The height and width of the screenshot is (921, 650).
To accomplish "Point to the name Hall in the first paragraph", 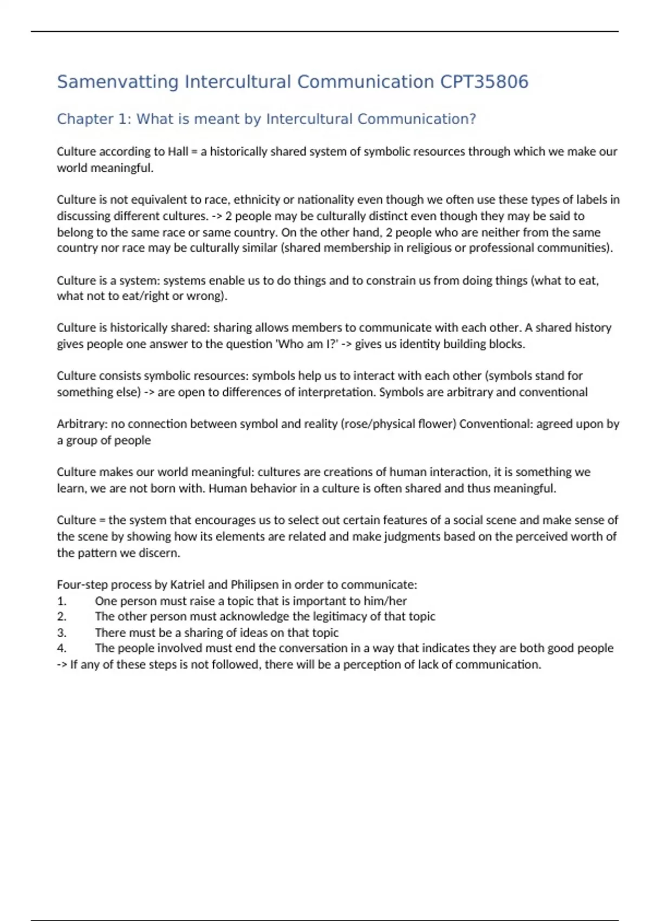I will [178, 152].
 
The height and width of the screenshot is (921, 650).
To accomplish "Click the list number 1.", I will [61, 601].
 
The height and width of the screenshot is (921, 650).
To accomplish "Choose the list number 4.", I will [61, 648].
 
